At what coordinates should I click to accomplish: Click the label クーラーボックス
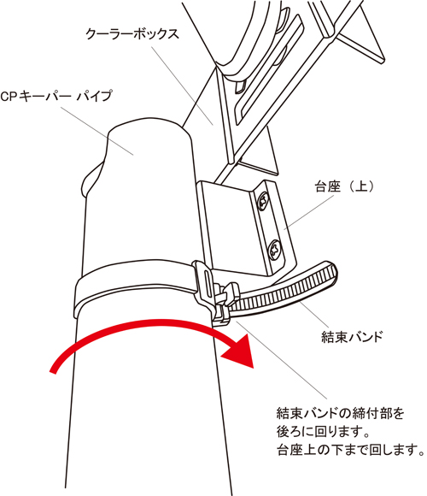point(132,34)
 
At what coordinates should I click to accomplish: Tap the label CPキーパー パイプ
point(56,96)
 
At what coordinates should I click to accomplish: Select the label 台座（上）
point(344,186)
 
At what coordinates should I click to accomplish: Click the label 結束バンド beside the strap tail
point(352,337)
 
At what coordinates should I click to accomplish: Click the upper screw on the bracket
point(263,201)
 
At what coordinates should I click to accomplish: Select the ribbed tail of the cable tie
point(284,288)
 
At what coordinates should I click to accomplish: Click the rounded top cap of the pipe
point(149,130)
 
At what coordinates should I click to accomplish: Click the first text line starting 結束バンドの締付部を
point(340,413)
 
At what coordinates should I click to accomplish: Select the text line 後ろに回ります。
point(323,432)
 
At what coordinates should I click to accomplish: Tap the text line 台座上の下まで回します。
point(351,449)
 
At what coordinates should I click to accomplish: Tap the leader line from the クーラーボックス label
point(182,86)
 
